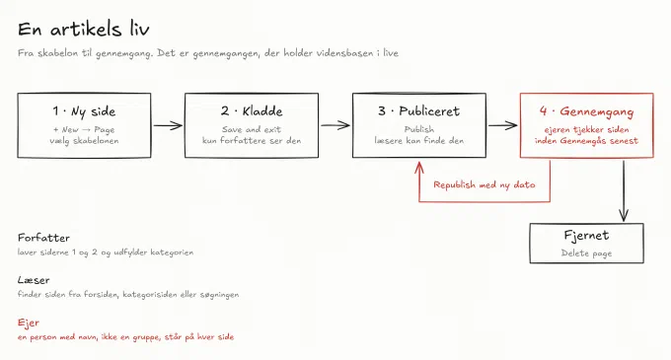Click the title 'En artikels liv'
coord(84,29)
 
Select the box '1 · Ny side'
coord(84,125)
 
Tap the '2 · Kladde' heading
coord(252,111)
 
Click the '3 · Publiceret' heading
coord(419,111)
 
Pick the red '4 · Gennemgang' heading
coord(587,111)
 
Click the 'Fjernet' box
coord(587,244)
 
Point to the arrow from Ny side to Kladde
coord(168,125)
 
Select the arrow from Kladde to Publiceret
coord(335,125)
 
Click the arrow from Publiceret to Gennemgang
coord(503,125)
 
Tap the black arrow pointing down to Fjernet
coord(624,190)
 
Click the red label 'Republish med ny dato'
coord(485,184)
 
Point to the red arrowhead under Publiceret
coord(419,167)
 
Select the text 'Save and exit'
coord(252,129)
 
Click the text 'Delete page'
coord(587,253)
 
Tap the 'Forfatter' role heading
coord(43,238)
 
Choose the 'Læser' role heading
coord(34,280)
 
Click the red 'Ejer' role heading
coord(29,323)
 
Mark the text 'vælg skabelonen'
coord(84,141)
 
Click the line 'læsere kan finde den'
coord(419,140)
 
